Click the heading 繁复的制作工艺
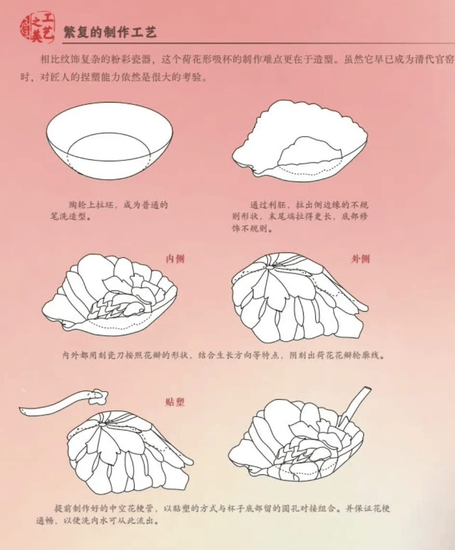[109, 32]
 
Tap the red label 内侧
[175, 259]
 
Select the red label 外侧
[360, 259]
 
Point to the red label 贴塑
[175, 402]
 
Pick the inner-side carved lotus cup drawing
[109, 295]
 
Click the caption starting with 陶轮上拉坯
[109, 210]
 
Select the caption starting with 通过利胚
[300, 216]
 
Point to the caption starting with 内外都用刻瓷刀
[224, 355]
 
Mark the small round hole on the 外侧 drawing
[269, 267]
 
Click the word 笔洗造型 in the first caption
[68, 216]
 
